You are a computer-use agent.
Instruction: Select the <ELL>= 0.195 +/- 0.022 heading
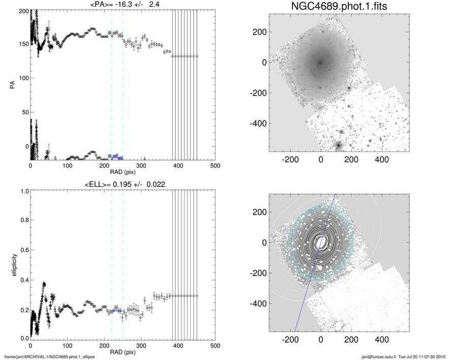(x=122, y=184)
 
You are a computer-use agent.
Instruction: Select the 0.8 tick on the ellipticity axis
(x=22, y=221)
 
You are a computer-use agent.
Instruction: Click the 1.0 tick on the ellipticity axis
(x=22, y=191)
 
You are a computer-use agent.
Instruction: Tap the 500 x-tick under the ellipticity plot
(x=215, y=346)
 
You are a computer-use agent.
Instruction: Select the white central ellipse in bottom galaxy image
(x=320, y=242)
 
